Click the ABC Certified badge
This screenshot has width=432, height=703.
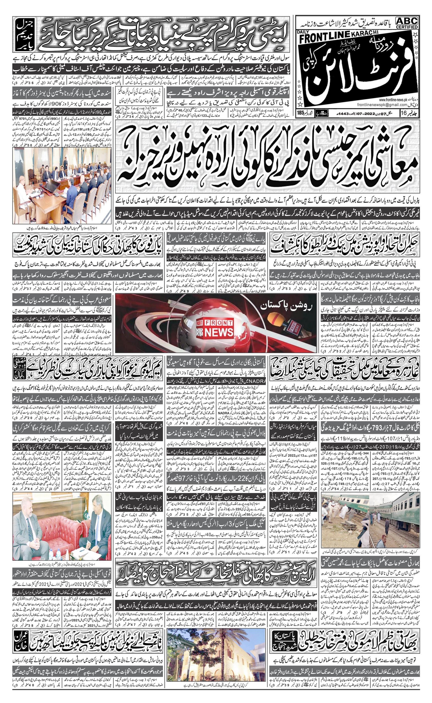407,23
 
